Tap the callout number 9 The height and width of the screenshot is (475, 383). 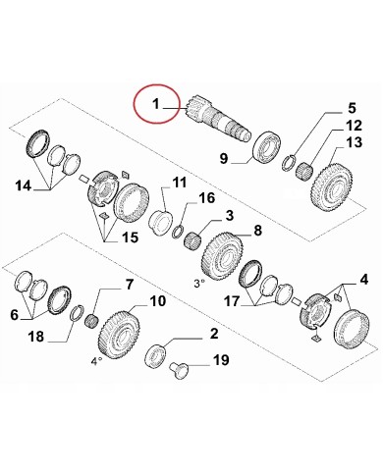pyautogui.click(x=224, y=159)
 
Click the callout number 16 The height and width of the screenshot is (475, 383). pyautogui.click(x=205, y=199)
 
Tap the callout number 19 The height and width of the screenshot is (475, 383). pyautogui.click(x=222, y=363)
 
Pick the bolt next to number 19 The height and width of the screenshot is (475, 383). pyautogui.click(x=184, y=369)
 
